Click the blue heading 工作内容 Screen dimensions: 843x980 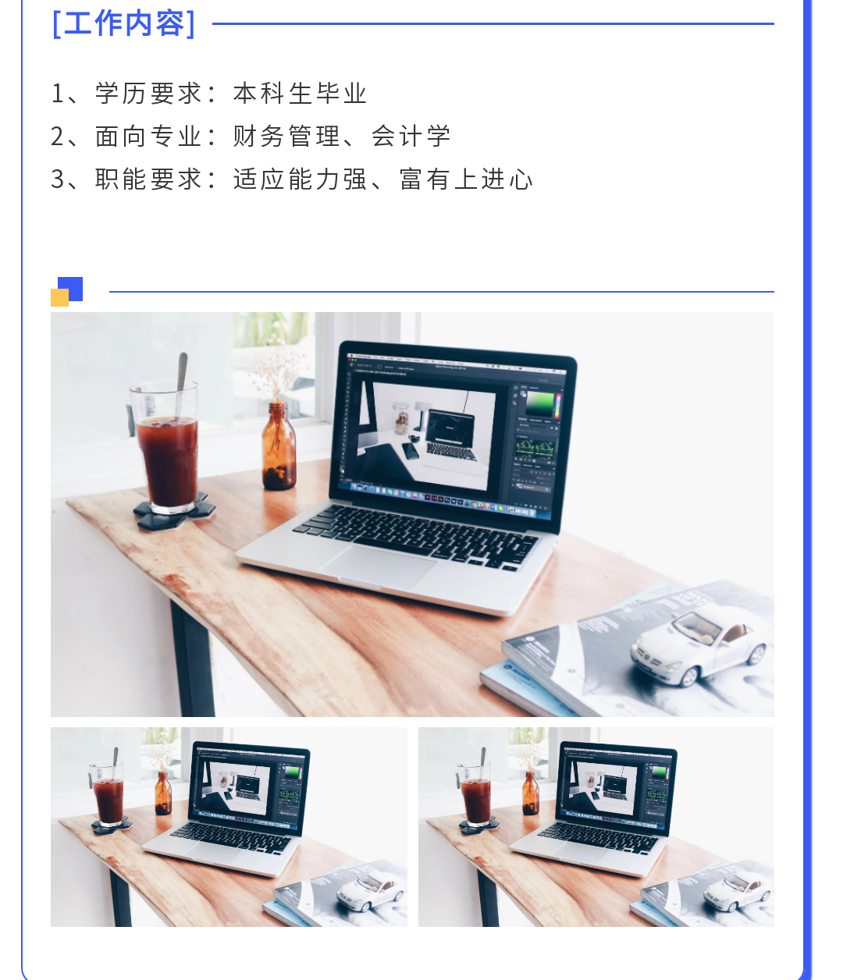(x=123, y=23)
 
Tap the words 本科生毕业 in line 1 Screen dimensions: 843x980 (x=300, y=93)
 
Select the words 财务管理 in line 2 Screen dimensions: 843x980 (x=286, y=136)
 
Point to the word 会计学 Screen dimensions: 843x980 (x=411, y=136)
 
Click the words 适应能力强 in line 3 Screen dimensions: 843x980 (x=300, y=179)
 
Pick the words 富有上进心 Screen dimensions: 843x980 (x=466, y=179)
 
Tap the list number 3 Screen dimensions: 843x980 (x=57, y=179)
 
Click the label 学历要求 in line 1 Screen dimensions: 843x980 (x=149, y=93)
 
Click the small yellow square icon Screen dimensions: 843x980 (x=60, y=298)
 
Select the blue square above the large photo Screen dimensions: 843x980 (x=71, y=289)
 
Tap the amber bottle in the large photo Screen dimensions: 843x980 (x=279, y=446)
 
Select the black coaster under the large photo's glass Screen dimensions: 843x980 (x=174, y=511)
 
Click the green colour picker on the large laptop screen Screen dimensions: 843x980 (x=540, y=404)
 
